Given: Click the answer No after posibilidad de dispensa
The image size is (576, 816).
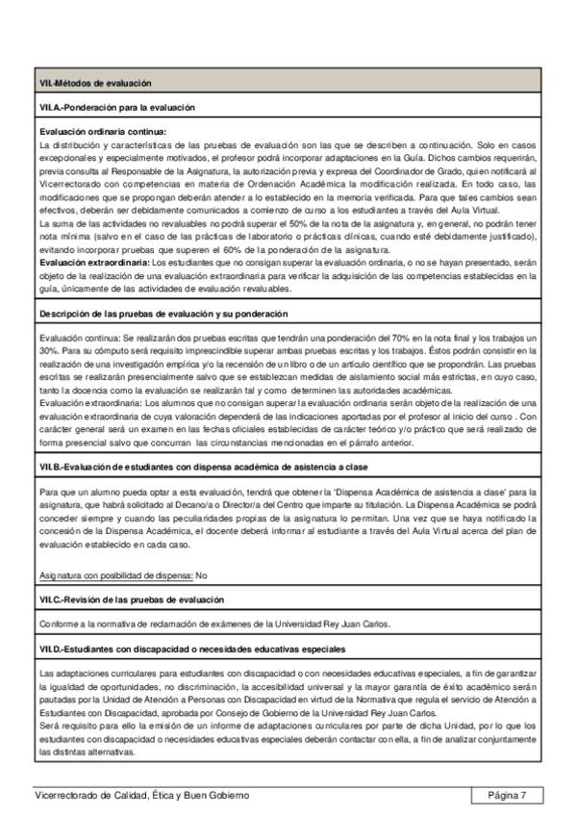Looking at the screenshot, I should (x=202, y=574).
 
